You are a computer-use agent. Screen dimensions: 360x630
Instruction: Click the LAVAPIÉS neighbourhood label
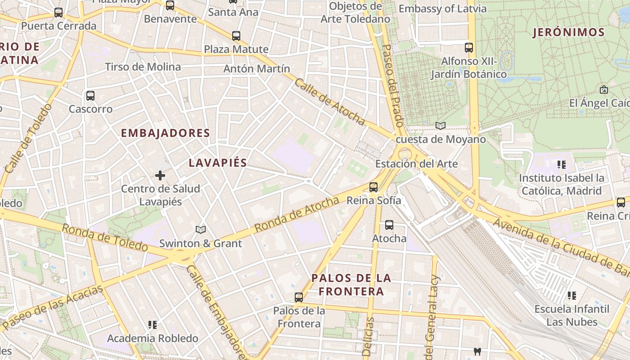(218, 163)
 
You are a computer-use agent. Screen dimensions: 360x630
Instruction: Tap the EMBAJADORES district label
(166, 133)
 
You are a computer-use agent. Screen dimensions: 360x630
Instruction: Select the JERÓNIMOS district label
(569, 32)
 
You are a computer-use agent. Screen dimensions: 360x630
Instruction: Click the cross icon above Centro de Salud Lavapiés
(160, 175)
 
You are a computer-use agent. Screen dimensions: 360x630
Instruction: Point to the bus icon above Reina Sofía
(373, 187)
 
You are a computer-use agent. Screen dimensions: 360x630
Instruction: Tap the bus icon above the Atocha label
(389, 225)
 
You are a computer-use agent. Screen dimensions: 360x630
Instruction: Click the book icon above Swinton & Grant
(201, 229)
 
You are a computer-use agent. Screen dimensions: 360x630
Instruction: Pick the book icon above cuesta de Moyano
(441, 126)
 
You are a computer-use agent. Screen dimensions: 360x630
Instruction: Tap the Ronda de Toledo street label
(104, 238)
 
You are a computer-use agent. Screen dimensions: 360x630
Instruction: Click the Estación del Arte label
(416, 164)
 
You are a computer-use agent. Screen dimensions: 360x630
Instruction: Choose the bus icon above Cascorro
(90, 95)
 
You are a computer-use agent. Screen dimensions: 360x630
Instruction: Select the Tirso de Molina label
(143, 67)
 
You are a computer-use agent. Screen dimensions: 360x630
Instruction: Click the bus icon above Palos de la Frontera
(299, 297)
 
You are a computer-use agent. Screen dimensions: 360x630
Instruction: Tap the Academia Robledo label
(153, 338)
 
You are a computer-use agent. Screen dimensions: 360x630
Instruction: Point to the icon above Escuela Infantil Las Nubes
(571, 296)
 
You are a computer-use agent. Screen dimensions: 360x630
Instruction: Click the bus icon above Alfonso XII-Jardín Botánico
(469, 47)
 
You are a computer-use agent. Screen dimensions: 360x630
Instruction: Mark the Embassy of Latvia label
(442, 9)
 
